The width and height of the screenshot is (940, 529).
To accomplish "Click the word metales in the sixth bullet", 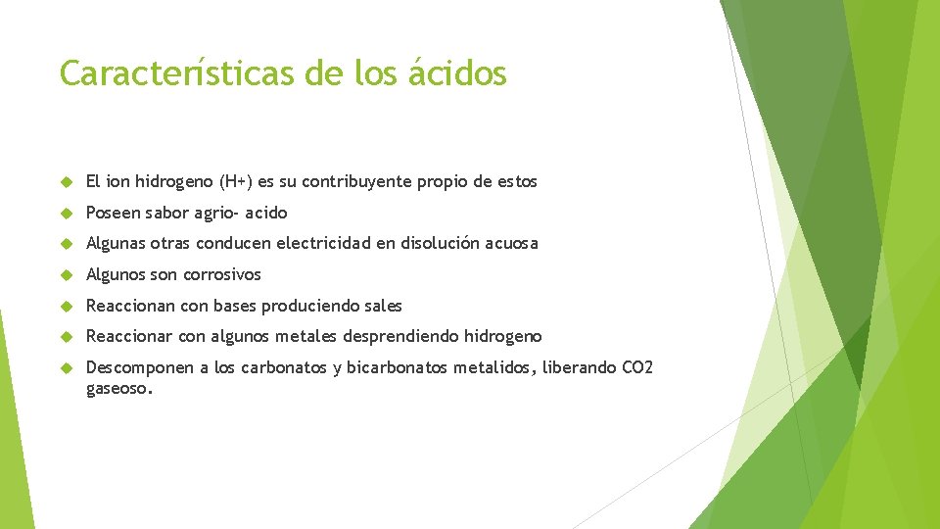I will click(305, 336).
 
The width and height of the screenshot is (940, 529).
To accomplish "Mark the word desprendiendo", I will click(400, 336).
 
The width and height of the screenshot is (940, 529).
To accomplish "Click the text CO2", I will click(637, 367).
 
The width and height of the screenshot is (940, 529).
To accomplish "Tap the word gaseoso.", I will click(118, 388).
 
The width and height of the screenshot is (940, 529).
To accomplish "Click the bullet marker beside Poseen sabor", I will click(68, 213).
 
